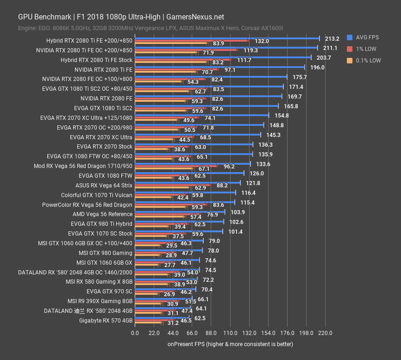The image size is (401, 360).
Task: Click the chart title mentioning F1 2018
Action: [121, 17]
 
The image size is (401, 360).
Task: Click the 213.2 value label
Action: [332, 39]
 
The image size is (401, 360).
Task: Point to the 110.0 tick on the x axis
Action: [230, 333]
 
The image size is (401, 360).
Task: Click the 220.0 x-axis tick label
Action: [325, 333]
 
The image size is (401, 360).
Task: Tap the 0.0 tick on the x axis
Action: [135, 333]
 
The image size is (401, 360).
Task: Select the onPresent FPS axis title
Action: [230, 344]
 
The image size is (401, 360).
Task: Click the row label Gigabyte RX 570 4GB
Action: [106, 320]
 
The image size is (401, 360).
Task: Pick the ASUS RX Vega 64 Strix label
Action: [104, 185]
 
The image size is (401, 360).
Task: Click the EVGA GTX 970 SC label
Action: [109, 292]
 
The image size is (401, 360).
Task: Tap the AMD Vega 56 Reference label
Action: [102, 214]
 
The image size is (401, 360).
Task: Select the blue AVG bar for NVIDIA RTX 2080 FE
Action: [208, 96]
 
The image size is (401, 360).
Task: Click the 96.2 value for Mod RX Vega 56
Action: [229, 166]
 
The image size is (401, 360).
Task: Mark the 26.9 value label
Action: [169, 294]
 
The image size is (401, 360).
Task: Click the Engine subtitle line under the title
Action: [150, 28]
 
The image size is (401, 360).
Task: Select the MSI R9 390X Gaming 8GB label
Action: [100, 301]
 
